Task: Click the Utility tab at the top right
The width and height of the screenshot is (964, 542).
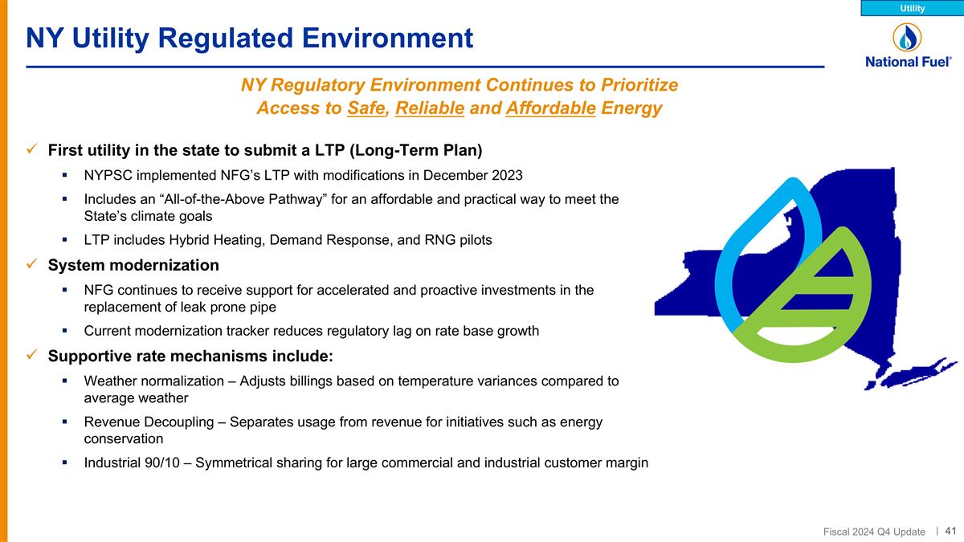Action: (912, 8)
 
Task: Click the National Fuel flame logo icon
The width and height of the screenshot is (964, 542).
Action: (907, 37)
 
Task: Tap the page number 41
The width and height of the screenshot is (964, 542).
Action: (950, 531)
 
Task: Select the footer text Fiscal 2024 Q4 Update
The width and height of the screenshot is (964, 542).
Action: (874, 532)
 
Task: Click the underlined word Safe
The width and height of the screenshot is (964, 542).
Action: (366, 108)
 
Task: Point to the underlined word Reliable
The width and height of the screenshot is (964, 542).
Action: (430, 108)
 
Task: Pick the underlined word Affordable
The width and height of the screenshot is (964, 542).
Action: (551, 108)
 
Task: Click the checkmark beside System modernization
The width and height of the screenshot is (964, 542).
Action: (32, 265)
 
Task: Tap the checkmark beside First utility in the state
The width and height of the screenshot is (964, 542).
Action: (32, 150)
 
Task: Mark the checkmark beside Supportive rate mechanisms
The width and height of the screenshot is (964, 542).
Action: (32, 356)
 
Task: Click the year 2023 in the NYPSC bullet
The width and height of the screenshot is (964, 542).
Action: (508, 175)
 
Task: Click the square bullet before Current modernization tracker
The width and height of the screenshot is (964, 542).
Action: (64, 331)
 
